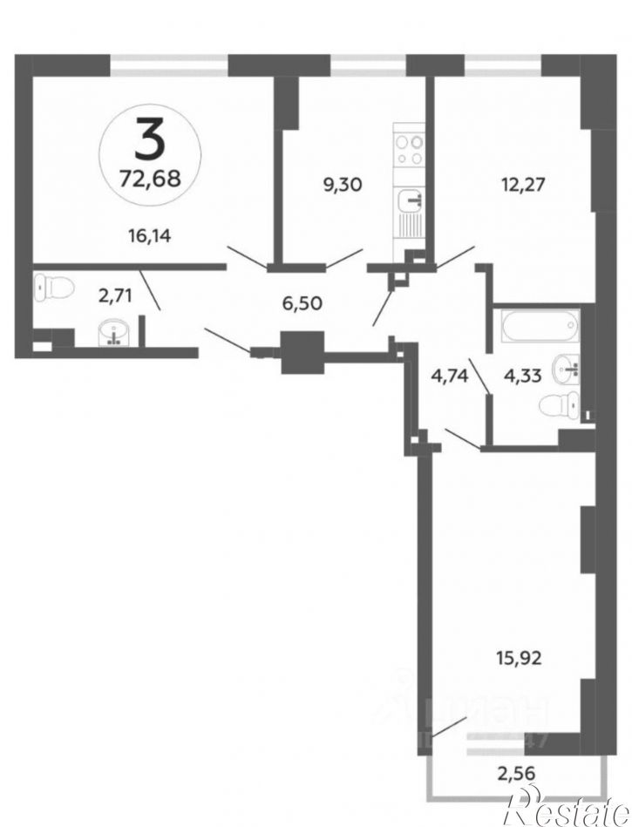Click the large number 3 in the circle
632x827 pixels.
point(149,140)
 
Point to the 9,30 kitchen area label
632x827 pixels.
point(342,184)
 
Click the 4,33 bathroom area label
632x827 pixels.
point(524,376)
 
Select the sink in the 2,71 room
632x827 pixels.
point(114,333)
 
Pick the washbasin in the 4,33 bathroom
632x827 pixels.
point(568,369)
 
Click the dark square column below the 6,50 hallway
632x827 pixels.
point(302,352)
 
